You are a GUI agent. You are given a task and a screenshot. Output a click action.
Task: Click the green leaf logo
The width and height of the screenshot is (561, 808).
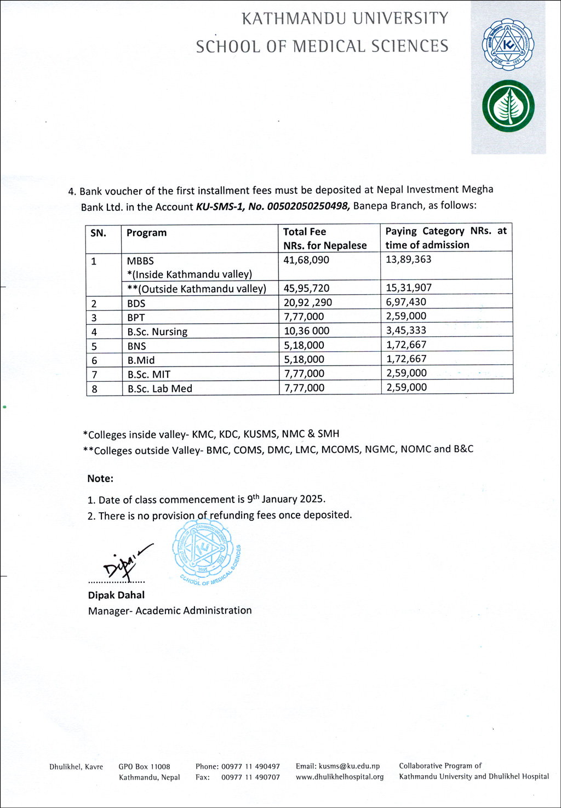(x=508, y=106)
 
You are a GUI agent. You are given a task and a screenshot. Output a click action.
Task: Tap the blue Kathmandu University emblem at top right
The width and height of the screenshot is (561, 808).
(x=508, y=44)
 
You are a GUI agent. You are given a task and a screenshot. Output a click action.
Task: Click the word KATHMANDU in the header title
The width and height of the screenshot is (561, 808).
(x=294, y=19)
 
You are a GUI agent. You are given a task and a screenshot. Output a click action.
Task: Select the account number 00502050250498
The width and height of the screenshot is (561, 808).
(x=308, y=206)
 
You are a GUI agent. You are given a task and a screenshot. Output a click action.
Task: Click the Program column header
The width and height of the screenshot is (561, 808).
(x=146, y=233)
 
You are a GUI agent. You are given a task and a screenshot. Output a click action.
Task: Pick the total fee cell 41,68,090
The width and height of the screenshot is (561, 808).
(x=306, y=260)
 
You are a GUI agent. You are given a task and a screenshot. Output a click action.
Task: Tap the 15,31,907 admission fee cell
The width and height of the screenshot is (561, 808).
(x=408, y=288)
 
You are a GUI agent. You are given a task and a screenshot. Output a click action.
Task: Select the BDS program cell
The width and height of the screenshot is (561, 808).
(x=136, y=303)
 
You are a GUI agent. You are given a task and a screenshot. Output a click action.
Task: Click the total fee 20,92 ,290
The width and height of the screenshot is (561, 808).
(x=307, y=302)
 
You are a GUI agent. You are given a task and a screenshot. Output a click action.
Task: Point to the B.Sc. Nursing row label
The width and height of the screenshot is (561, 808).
(x=157, y=332)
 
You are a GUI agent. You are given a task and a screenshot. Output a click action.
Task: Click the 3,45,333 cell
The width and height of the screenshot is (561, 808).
(x=406, y=330)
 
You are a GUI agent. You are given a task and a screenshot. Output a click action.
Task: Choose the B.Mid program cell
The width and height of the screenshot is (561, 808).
(x=141, y=360)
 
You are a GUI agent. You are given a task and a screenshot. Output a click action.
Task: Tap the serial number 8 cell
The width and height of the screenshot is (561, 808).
(x=95, y=389)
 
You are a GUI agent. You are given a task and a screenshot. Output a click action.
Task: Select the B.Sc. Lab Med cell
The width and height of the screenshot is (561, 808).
(x=160, y=389)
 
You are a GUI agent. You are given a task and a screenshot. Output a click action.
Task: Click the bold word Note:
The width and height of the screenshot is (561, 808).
(x=100, y=479)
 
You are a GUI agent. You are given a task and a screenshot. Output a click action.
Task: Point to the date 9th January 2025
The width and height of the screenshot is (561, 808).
(x=286, y=499)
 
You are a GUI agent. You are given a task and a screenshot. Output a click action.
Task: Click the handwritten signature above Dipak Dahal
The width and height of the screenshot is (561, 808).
(x=124, y=562)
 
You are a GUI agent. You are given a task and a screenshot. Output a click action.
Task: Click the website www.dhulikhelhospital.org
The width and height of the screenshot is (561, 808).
(x=340, y=777)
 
